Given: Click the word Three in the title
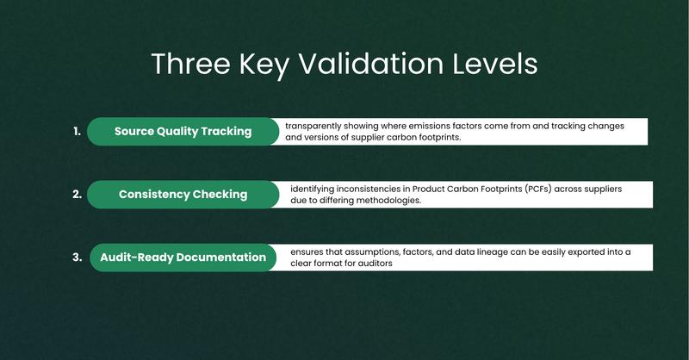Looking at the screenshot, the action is [x=190, y=64].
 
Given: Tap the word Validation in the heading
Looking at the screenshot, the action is [x=371, y=64].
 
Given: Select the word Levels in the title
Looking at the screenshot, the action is [x=494, y=64].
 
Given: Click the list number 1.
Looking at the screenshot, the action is [x=78, y=131].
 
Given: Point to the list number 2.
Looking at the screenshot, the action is [x=78, y=195].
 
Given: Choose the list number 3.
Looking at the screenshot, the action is [x=78, y=258].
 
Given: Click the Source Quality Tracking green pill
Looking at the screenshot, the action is [x=183, y=132].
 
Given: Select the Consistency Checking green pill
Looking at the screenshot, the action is [x=183, y=195].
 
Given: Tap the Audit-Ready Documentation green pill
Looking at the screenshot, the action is [x=183, y=258].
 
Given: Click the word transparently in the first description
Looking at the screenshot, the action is [x=313, y=126].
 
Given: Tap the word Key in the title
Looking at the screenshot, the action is [x=264, y=65].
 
